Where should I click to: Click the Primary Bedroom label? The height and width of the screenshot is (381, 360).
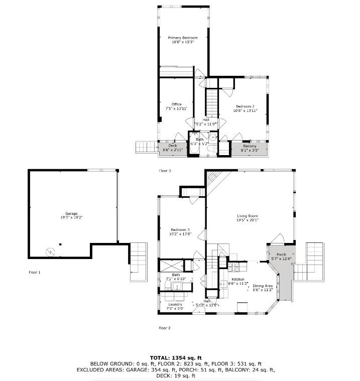[x=182, y=38]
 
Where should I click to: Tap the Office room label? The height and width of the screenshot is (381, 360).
[x=176, y=104]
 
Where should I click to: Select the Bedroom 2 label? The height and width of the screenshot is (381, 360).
[x=246, y=106]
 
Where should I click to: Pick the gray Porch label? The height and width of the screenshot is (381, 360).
[x=281, y=255]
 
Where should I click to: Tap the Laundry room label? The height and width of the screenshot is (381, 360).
[x=175, y=304]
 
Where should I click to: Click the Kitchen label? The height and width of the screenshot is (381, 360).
[x=237, y=279]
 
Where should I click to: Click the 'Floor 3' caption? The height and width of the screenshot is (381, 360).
[x=165, y=171]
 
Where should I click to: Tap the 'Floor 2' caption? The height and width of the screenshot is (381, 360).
[x=165, y=328]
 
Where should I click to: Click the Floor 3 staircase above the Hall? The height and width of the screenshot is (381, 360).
[x=212, y=101]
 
